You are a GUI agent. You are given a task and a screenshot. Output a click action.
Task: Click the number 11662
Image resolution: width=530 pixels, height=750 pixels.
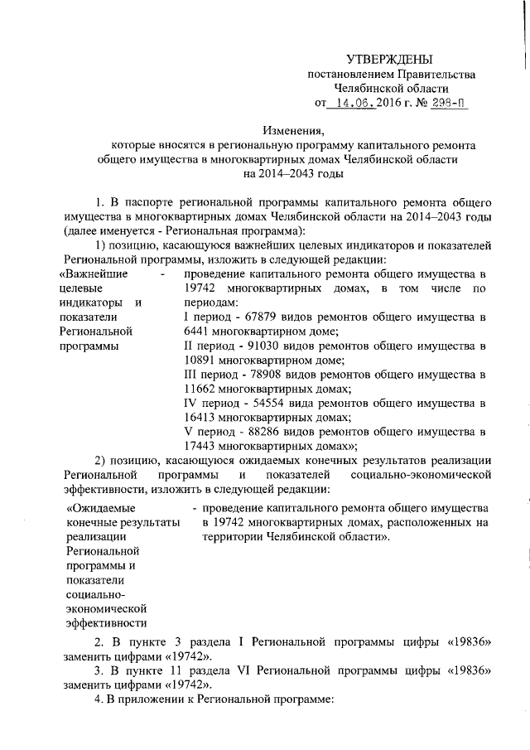click(x=201, y=389)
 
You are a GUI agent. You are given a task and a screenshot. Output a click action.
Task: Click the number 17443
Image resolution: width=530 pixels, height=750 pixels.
click(x=201, y=447)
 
